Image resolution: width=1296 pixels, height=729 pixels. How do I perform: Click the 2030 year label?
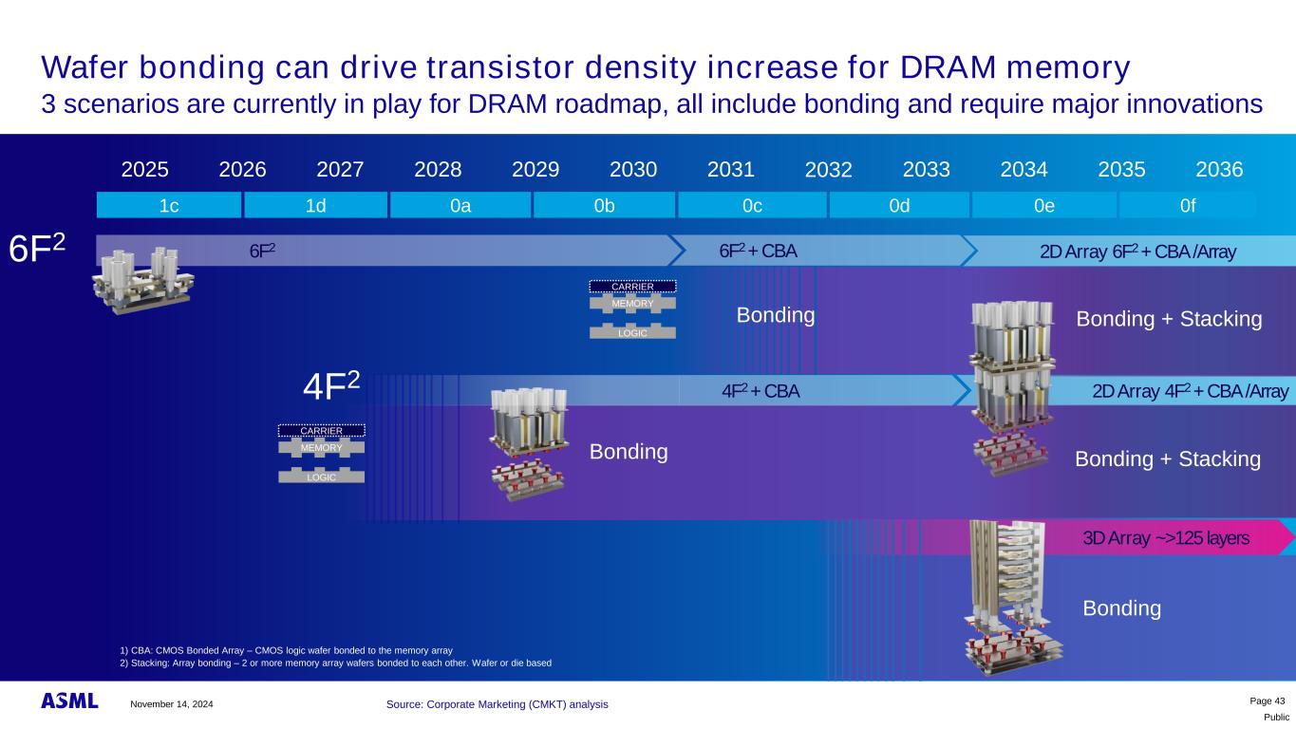click(x=633, y=170)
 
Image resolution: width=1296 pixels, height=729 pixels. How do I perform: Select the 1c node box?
click(x=169, y=205)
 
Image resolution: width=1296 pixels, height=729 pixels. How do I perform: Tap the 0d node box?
click(x=899, y=205)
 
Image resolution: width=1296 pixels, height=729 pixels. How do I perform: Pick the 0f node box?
click(x=1188, y=205)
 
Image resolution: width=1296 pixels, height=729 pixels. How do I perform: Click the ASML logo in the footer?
click(x=69, y=701)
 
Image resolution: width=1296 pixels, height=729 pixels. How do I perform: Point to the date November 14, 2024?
click(x=171, y=704)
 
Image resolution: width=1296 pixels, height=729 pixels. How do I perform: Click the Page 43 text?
click(x=1268, y=701)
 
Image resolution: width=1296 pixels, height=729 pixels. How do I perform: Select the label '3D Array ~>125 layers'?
click(x=1165, y=538)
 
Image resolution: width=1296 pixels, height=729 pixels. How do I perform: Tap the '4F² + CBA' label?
click(x=761, y=391)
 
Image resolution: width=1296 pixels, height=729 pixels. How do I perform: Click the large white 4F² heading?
click(x=331, y=385)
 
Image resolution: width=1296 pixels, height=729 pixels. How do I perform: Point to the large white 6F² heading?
click(x=37, y=248)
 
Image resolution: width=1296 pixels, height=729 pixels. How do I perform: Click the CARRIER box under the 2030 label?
click(x=632, y=287)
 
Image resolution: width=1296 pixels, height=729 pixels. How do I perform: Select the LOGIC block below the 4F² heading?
click(x=321, y=476)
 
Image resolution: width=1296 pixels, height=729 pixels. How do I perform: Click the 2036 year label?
click(x=1219, y=170)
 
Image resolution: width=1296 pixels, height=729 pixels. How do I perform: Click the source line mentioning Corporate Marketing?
click(x=497, y=704)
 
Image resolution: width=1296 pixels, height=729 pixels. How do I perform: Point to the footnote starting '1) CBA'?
click(x=286, y=650)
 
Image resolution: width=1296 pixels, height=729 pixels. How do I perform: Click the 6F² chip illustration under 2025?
click(x=142, y=281)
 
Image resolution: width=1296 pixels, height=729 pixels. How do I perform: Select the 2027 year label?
click(x=340, y=170)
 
